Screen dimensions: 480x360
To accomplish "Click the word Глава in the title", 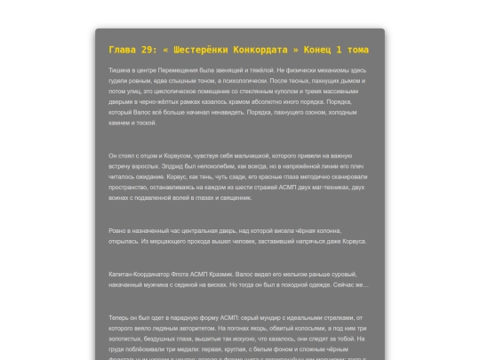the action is tap(124, 50).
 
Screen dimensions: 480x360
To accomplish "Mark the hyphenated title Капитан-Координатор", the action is tap(141, 274).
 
